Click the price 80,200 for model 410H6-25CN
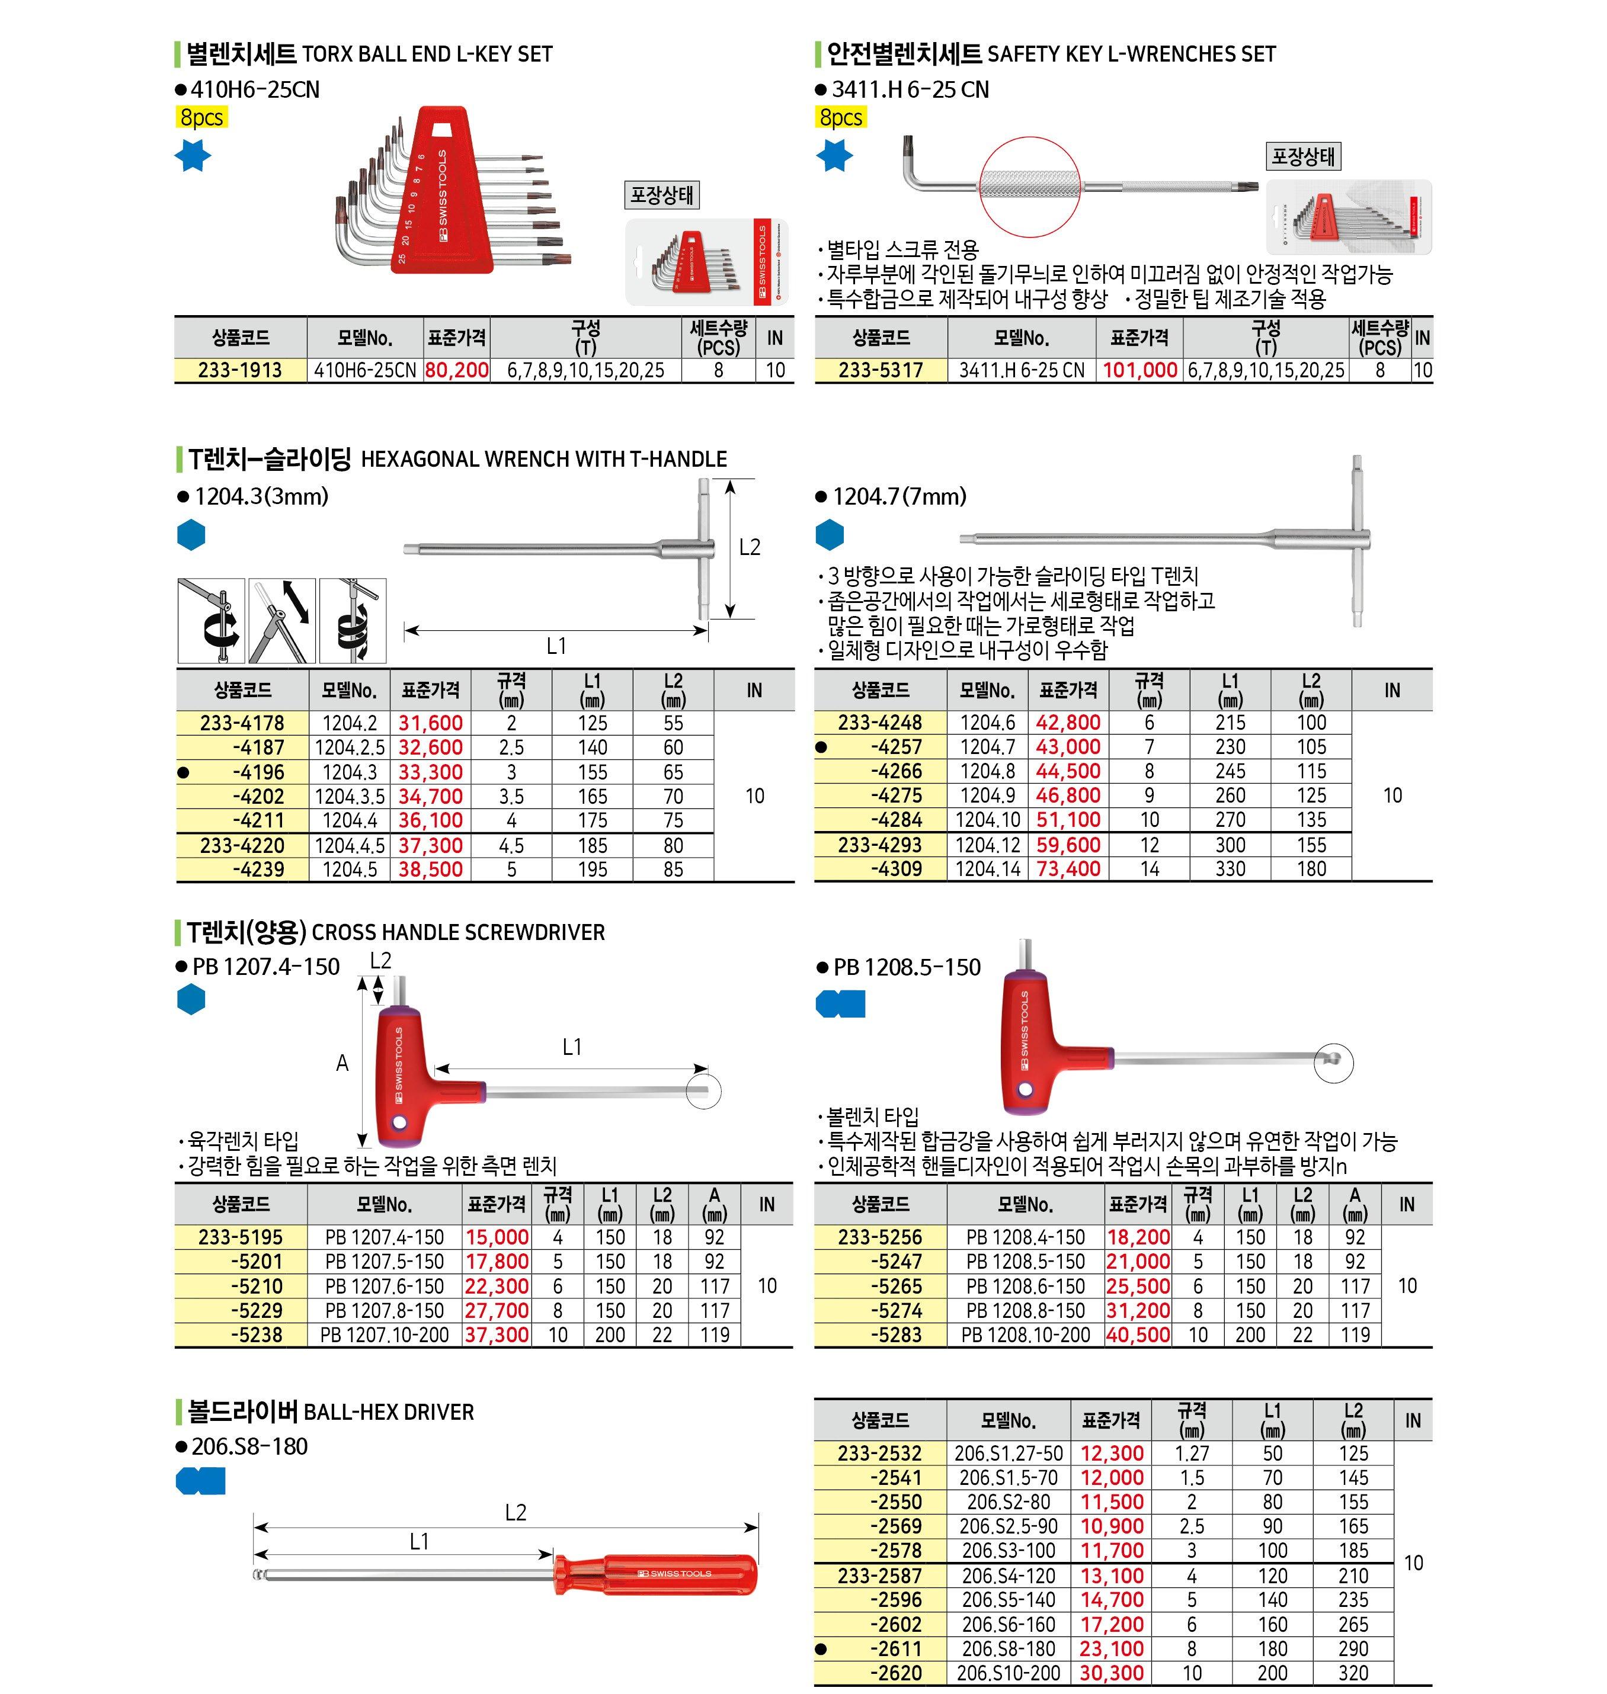point(457,370)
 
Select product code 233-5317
point(880,370)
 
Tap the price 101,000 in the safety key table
point(1139,370)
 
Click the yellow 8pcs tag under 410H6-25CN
point(201,117)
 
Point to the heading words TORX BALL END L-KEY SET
point(427,54)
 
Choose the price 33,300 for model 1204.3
point(430,772)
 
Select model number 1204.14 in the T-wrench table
point(988,868)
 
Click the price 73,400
point(1068,868)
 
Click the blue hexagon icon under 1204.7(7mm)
point(829,535)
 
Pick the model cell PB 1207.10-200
point(385,1334)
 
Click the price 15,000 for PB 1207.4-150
point(497,1237)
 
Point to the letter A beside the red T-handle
point(342,1063)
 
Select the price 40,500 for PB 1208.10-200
point(1138,1334)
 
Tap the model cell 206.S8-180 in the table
point(1009,1648)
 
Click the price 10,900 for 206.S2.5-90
point(1111,1526)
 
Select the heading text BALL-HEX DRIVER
point(389,1411)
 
